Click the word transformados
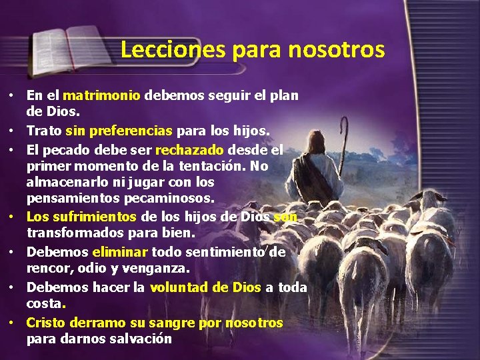[x=74, y=233]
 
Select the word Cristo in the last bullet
[x=46, y=323]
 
